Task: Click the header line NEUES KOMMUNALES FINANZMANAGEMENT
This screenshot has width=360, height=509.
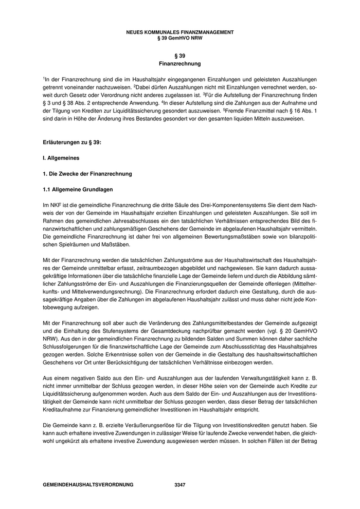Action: pyautogui.click(x=180, y=32)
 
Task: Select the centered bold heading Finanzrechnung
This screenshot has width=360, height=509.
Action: pyautogui.click(x=180, y=64)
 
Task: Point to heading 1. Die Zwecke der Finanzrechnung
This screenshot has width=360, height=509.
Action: pyautogui.click(x=87, y=174)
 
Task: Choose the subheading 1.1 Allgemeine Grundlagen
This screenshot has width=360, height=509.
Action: pyautogui.click(x=78, y=190)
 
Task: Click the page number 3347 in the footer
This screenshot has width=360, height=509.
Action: pyautogui.click(x=180, y=485)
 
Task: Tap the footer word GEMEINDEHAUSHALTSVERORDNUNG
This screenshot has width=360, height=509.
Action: pyautogui.click(x=88, y=485)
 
